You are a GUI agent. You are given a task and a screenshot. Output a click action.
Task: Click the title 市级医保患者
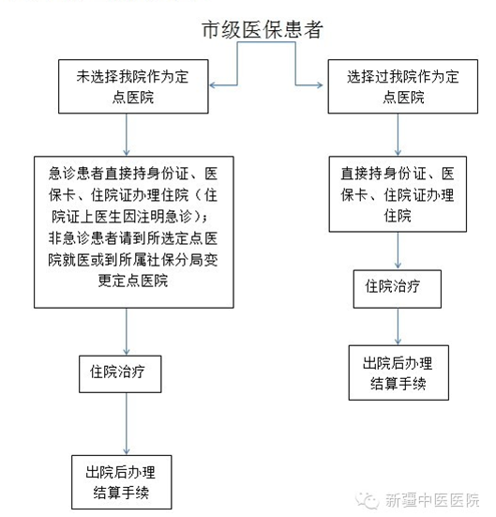(262, 29)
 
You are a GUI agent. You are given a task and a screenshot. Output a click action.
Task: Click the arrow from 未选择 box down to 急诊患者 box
(127, 135)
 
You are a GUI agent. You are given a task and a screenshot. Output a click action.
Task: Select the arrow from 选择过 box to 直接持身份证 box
(398, 135)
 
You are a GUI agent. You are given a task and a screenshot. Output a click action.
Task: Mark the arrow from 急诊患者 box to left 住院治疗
(127, 332)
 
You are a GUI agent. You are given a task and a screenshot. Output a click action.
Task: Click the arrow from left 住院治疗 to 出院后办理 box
(127, 424)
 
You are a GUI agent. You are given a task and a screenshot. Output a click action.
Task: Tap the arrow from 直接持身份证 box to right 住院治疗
(398, 251)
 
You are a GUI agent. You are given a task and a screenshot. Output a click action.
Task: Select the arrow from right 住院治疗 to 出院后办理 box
(398, 327)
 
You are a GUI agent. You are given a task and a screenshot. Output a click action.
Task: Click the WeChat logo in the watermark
(368, 500)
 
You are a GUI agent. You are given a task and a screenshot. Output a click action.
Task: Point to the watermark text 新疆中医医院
(432, 500)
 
